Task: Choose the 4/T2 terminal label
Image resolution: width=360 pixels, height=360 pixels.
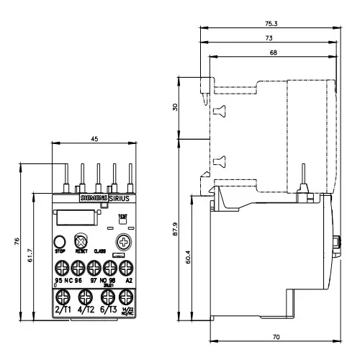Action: (85, 309)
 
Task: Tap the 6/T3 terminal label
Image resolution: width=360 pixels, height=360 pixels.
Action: (107, 309)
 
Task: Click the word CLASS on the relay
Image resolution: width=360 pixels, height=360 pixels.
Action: (99, 251)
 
